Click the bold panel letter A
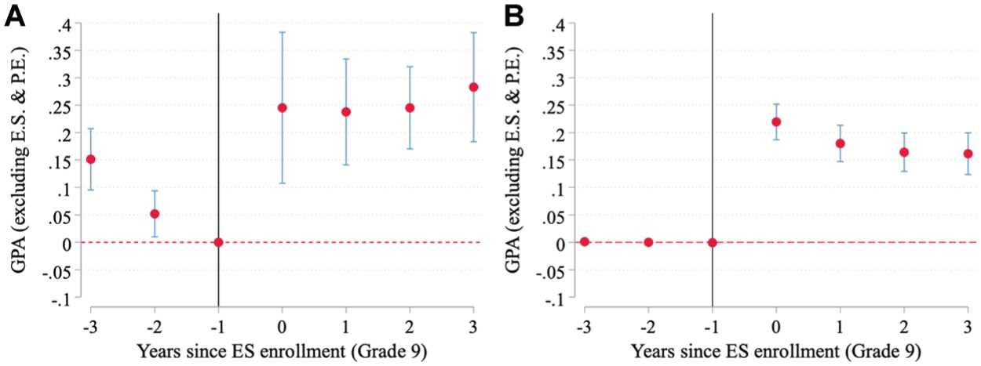click(x=15, y=17)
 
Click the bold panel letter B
click(x=514, y=17)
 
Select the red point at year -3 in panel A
click(x=91, y=159)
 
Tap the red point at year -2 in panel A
click(x=155, y=214)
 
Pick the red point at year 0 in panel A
click(x=282, y=107)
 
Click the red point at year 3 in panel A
click(x=473, y=87)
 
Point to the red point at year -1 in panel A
click(x=218, y=242)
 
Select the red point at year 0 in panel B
click(x=776, y=122)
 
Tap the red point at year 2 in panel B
click(x=904, y=152)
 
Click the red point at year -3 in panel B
click(x=584, y=242)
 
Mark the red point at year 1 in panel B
click(x=840, y=143)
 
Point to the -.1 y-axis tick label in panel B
click(x=553, y=299)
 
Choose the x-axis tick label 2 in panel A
click(x=410, y=327)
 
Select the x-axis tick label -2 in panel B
click(x=648, y=327)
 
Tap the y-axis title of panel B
click(x=514, y=160)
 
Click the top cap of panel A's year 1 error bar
click(x=346, y=59)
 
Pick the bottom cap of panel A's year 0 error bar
click(x=282, y=183)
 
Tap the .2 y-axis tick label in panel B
click(x=556, y=133)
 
